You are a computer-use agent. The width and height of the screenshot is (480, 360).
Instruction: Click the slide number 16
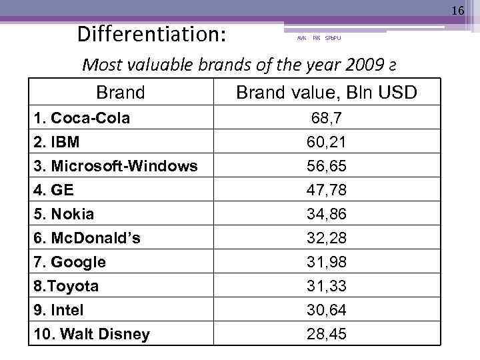click(x=457, y=11)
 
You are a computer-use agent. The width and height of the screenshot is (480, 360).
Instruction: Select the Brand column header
click(x=120, y=92)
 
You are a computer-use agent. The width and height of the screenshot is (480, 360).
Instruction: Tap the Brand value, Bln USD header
click(x=327, y=92)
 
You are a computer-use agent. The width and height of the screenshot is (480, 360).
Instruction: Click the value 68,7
click(x=327, y=119)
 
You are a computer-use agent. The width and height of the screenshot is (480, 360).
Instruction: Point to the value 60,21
click(x=327, y=142)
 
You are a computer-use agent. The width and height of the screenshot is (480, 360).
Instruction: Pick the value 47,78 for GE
click(x=327, y=190)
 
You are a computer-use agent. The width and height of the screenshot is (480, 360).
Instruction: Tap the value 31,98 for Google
click(x=327, y=262)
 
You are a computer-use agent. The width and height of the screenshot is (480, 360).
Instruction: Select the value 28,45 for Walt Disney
click(x=327, y=334)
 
